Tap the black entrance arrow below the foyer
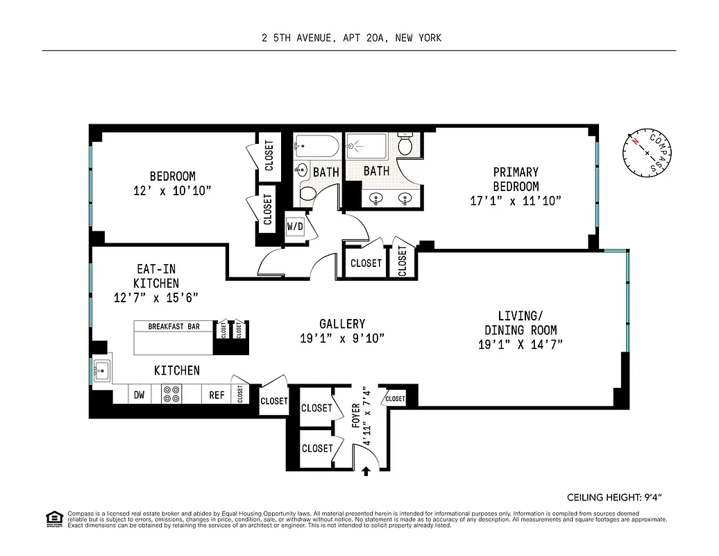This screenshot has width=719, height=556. point(366,471)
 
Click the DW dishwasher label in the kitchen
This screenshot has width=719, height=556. point(139,395)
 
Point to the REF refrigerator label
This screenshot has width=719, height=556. point(217,395)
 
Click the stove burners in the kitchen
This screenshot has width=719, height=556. point(171,395)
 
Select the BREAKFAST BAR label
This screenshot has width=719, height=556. point(174,326)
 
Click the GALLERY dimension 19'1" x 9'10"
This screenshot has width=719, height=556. point(342,338)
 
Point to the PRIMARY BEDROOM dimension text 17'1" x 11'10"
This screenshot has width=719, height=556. point(515,201)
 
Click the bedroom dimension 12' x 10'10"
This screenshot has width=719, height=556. point(173,190)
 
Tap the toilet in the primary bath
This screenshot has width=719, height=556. point(407,145)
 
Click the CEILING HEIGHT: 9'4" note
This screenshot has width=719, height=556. point(617,497)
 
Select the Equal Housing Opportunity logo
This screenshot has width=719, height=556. point(53,518)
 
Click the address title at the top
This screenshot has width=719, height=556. point(351,38)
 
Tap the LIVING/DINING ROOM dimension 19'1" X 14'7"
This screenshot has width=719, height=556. point(520,345)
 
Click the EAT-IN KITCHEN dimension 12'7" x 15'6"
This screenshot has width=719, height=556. point(156,297)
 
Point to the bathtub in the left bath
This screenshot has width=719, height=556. point(316,147)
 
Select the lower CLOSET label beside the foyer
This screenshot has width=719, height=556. point(317,448)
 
